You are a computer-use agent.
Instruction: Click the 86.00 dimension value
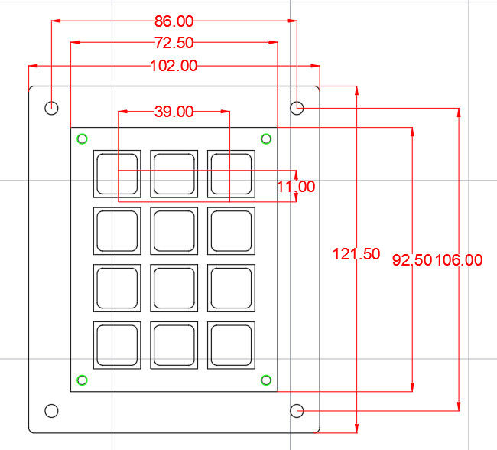click(x=174, y=21)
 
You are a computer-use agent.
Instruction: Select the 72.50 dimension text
click(x=174, y=43)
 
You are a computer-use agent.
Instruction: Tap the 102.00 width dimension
click(x=174, y=66)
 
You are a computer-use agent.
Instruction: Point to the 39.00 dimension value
click(x=174, y=112)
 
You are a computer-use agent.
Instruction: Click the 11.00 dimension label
click(x=296, y=187)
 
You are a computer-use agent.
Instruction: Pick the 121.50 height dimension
click(x=356, y=254)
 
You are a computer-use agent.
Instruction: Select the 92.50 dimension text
click(x=412, y=260)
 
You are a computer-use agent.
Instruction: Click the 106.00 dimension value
click(x=459, y=260)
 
